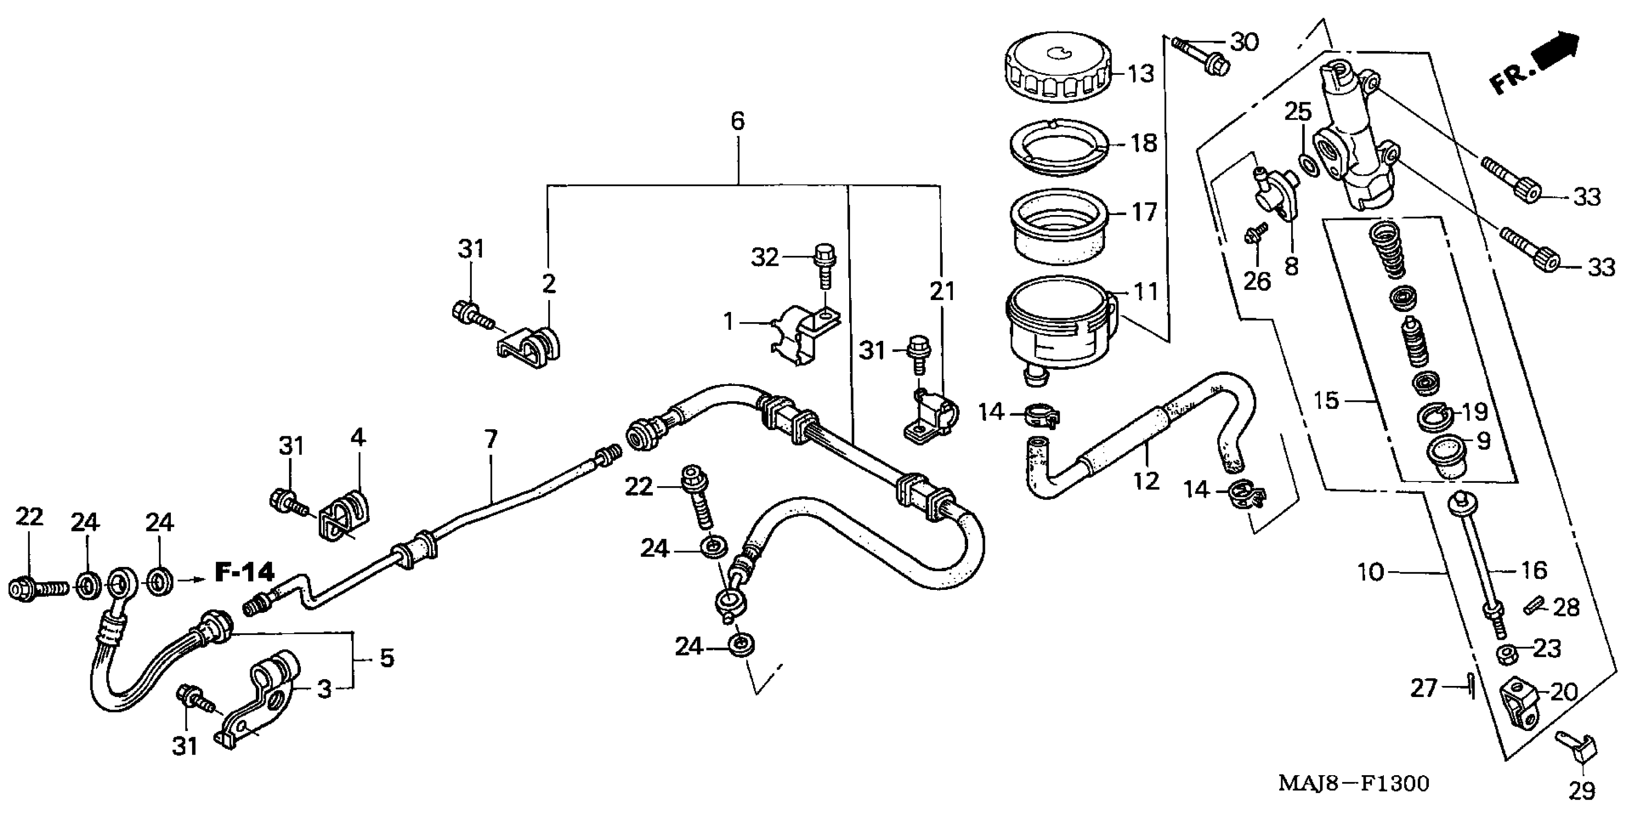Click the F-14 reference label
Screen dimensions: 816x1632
click(244, 573)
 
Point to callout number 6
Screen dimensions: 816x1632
click(737, 120)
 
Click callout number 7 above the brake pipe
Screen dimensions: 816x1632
click(491, 438)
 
